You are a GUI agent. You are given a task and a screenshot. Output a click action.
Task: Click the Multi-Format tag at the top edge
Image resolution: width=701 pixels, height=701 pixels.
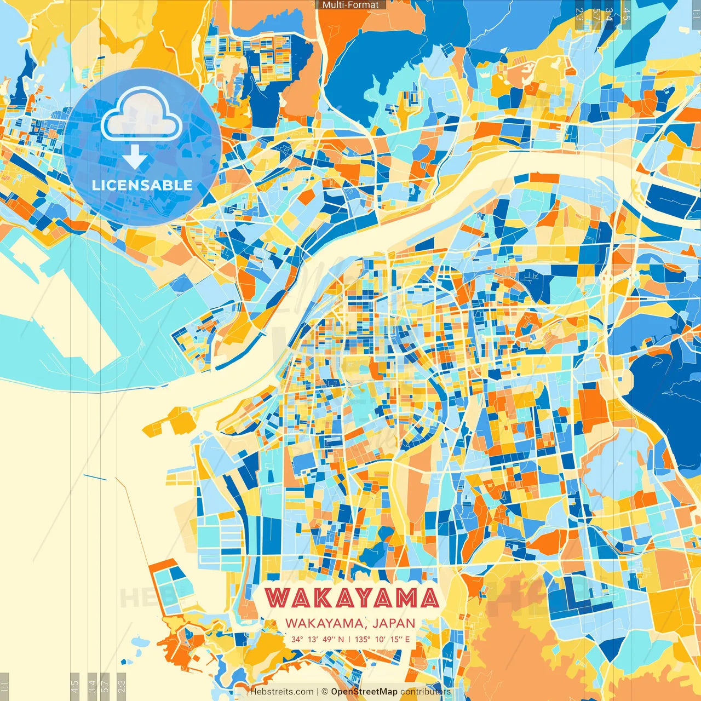(x=350, y=5)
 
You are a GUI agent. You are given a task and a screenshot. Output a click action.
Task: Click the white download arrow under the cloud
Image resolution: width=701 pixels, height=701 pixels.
(x=135, y=159)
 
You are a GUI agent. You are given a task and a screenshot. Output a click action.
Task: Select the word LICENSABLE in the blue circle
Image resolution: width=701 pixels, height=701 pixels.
(x=142, y=185)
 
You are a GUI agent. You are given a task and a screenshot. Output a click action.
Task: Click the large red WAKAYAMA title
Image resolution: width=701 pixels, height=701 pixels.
(x=352, y=598)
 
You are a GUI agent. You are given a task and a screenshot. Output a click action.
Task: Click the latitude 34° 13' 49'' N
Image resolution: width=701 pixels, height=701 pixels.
(x=318, y=639)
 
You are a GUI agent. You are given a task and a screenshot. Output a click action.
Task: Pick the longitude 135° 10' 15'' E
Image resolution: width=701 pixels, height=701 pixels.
(x=382, y=639)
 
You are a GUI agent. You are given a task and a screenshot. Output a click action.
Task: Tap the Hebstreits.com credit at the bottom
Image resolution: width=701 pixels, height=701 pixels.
(x=281, y=692)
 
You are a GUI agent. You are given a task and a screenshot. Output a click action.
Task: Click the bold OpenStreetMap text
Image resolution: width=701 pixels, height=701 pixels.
(x=364, y=692)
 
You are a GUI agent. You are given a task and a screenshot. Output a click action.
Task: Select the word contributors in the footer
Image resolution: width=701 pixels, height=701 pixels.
(x=426, y=692)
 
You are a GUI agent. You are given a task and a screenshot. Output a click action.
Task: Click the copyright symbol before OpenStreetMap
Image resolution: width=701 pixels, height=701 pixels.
(x=325, y=692)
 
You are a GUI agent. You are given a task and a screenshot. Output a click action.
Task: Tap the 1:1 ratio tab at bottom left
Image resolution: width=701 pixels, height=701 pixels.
(x=5, y=686)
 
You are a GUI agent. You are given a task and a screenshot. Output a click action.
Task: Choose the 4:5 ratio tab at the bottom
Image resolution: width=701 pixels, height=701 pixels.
(x=75, y=686)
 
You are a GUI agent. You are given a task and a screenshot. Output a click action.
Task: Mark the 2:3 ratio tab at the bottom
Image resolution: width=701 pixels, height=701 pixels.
(x=122, y=686)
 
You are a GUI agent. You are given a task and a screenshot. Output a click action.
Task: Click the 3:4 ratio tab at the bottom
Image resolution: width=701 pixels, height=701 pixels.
(x=93, y=686)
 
